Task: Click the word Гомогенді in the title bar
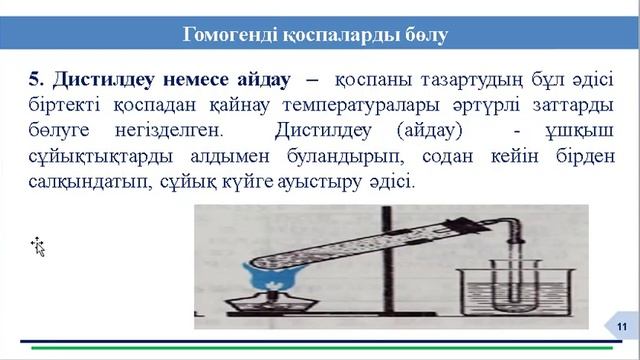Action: (x=229, y=35)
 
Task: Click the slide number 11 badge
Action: (x=621, y=327)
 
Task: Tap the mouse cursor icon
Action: (x=38, y=246)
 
